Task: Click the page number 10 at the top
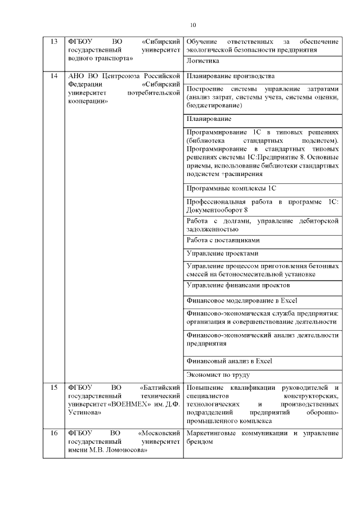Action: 193,25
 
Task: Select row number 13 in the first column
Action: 54,42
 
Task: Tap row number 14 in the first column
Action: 54,75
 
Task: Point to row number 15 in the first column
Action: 54,388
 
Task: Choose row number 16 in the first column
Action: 54,434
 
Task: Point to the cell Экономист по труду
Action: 218,375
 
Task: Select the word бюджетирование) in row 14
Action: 215,105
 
